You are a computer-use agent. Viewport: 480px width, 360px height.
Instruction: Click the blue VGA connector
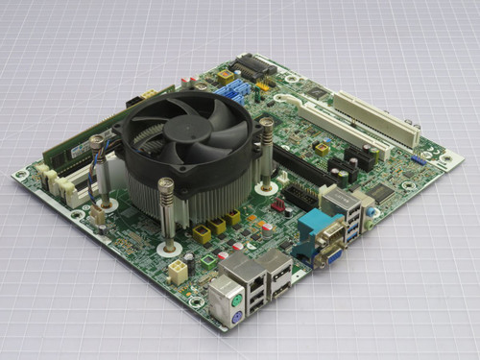332,253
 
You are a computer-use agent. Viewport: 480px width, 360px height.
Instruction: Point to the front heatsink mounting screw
166,205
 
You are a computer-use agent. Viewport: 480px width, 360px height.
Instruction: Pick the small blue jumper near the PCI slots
419,159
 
